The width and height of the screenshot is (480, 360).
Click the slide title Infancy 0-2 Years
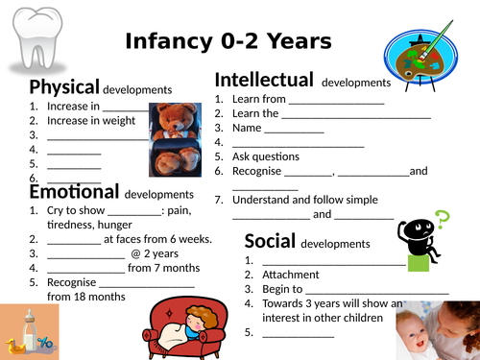[x=228, y=41]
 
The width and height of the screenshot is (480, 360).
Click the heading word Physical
[x=63, y=87]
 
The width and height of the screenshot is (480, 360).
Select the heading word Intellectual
[x=264, y=80]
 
